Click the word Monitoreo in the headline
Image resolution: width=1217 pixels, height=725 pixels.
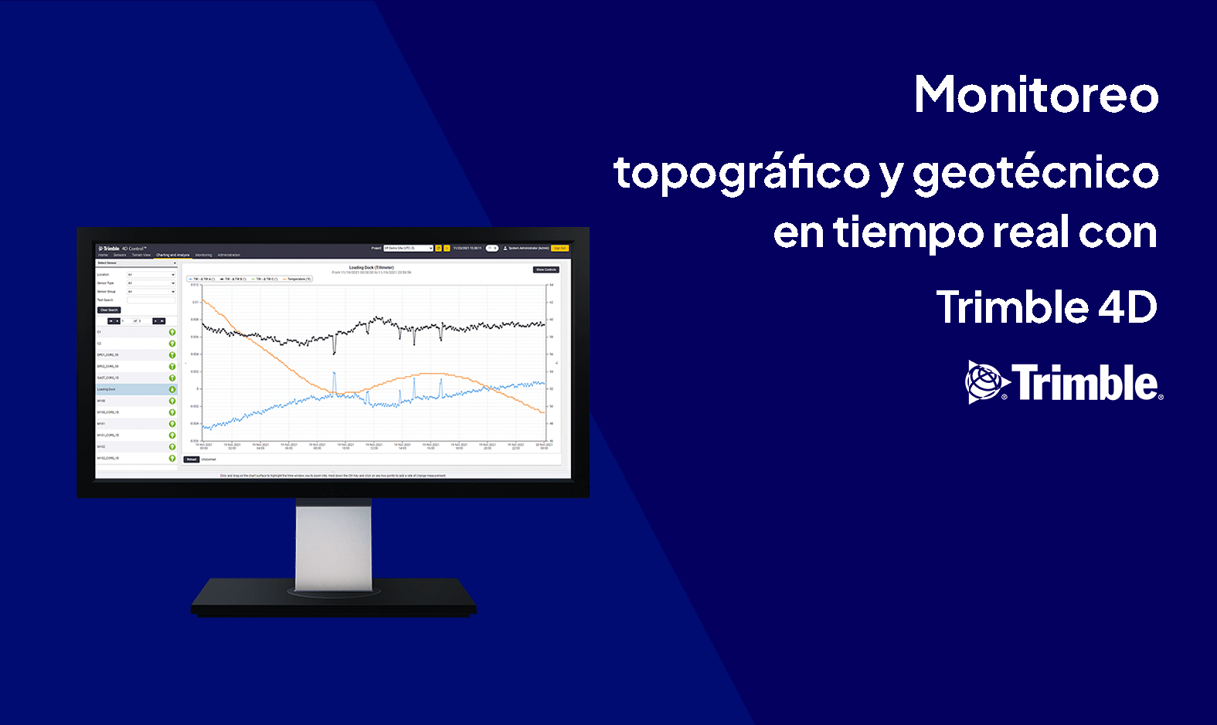click(x=1036, y=95)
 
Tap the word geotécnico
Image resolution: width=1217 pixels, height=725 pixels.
click(x=1035, y=173)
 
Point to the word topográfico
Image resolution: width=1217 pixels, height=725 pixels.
click(x=742, y=173)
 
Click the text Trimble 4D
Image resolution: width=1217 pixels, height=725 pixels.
click(x=1046, y=307)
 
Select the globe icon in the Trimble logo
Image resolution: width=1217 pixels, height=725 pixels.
click(x=985, y=382)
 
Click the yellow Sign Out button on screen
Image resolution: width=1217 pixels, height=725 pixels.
click(x=560, y=248)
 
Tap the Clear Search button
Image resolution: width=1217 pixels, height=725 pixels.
click(x=109, y=310)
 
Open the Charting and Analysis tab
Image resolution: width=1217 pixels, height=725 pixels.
click(x=172, y=255)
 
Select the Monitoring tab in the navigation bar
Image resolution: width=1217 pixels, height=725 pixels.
click(x=203, y=255)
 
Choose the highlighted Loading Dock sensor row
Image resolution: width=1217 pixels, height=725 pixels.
click(x=131, y=389)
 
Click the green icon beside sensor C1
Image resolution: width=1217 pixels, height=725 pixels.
click(x=172, y=333)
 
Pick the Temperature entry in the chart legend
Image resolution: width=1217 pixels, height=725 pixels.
click(x=297, y=279)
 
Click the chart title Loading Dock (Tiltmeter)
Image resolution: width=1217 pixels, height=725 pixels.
click(x=371, y=268)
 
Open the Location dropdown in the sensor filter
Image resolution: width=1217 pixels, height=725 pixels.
click(x=151, y=275)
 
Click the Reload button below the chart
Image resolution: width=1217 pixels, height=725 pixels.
click(x=192, y=459)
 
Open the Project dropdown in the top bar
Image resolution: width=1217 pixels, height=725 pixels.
click(x=408, y=248)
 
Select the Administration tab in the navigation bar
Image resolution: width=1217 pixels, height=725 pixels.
click(x=229, y=255)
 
